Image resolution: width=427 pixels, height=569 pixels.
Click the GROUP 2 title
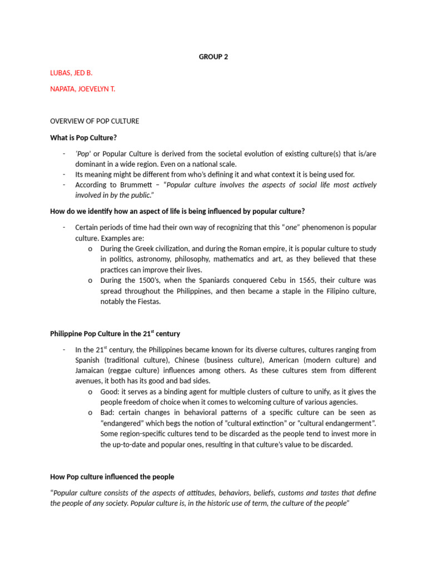click(x=213, y=56)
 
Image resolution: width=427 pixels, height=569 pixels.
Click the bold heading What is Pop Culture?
click(x=83, y=138)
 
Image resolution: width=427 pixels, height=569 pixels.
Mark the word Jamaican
click(x=92, y=371)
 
